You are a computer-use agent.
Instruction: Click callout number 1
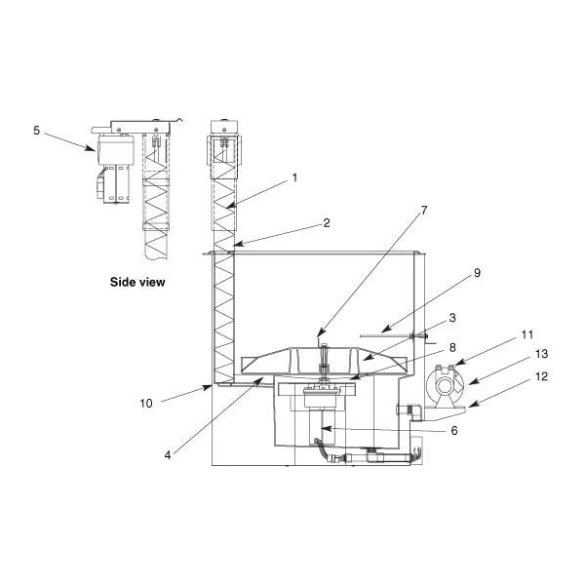[x=293, y=178]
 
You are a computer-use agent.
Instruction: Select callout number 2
[x=326, y=222]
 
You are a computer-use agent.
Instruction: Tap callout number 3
[x=452, y=318]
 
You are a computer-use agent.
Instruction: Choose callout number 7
[x=424, y=210]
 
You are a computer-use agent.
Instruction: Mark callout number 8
[x=452, y=346]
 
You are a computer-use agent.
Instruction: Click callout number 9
[x=477, y=273]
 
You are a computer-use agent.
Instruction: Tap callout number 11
[x=527, y=334]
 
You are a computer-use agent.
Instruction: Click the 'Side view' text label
[x=136, y=282]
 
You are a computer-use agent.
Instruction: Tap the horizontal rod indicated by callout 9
[x=385, y=336]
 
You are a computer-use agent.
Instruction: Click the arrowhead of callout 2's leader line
[x=234, y=245]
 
